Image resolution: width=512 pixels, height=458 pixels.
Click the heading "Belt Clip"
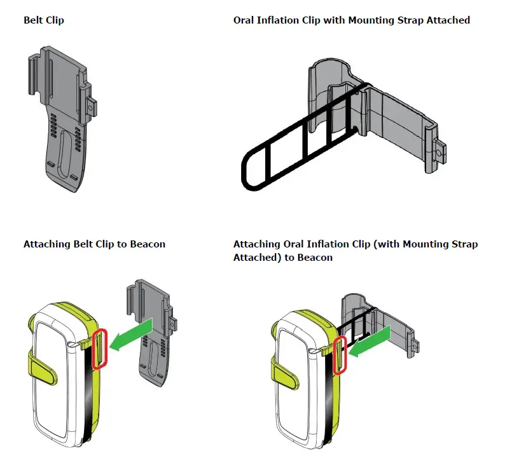[x=44, y=20]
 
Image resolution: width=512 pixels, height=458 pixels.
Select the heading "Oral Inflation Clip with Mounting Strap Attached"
[x=351, y=20]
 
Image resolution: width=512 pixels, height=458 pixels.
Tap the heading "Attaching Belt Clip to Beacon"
[x=94, y=244]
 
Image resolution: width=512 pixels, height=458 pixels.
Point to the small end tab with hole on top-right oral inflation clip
[x=441, y=153]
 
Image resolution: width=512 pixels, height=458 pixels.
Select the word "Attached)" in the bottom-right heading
[x=254, y=258]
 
